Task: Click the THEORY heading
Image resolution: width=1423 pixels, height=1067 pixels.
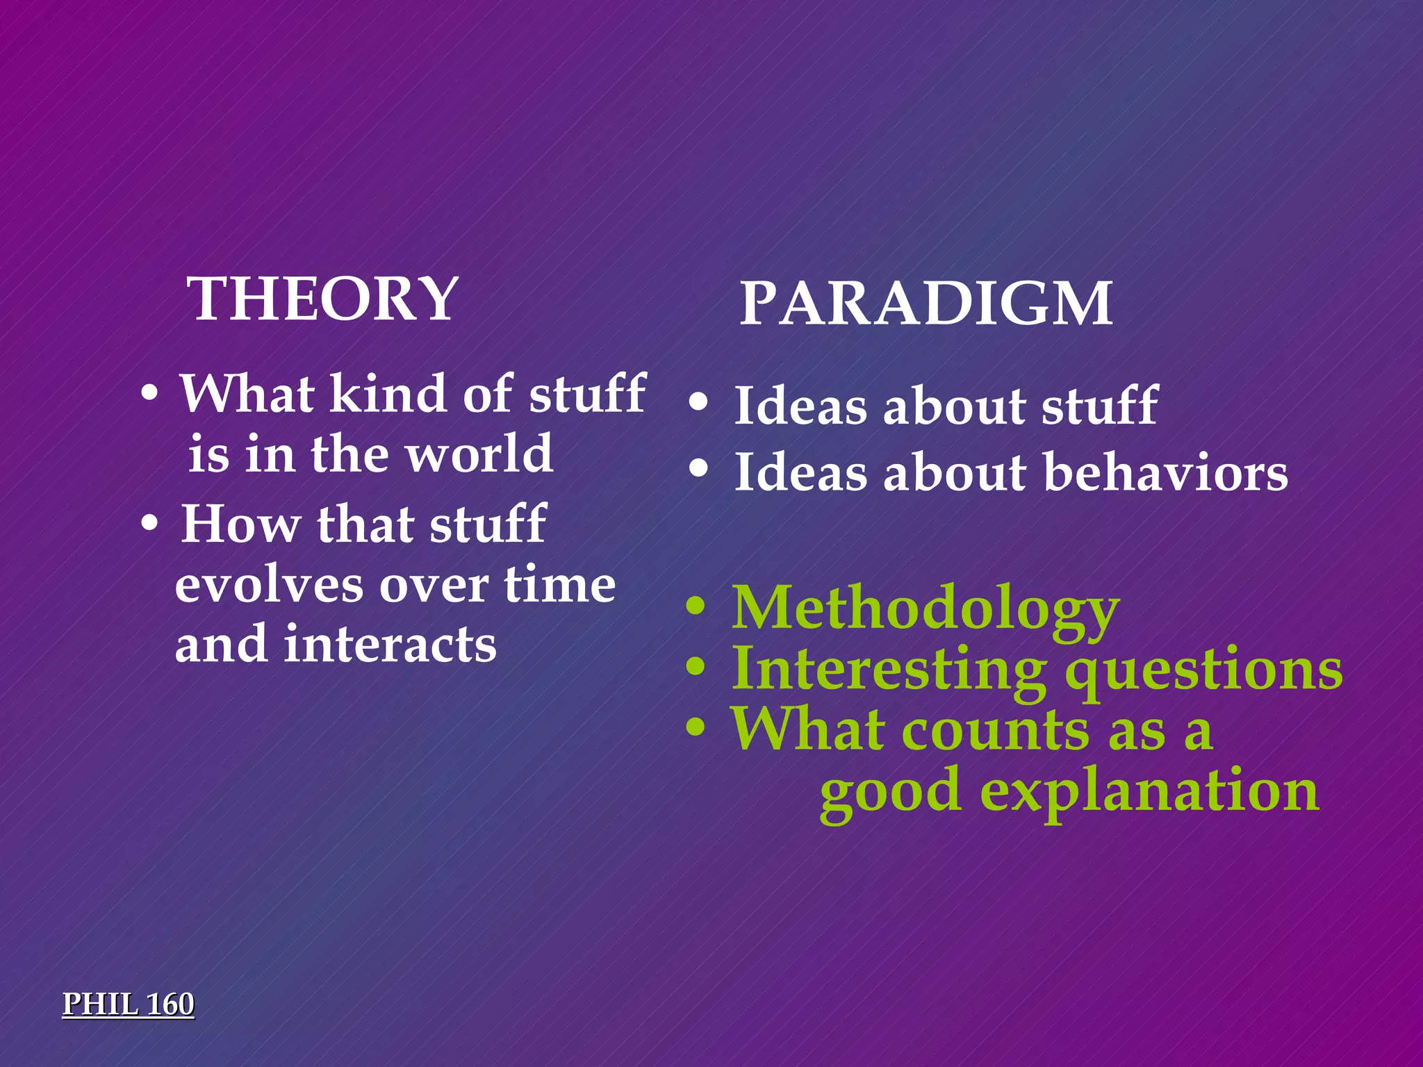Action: coord(323,299)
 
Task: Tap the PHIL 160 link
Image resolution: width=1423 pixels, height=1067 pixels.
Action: coord(129,1004)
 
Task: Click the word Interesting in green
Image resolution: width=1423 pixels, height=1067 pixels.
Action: coord(889,670)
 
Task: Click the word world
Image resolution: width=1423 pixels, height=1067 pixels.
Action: coord(479,454)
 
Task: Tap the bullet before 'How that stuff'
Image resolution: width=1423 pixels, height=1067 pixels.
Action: coord(149,526)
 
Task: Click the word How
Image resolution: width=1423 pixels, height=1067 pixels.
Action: coord(240,524)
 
